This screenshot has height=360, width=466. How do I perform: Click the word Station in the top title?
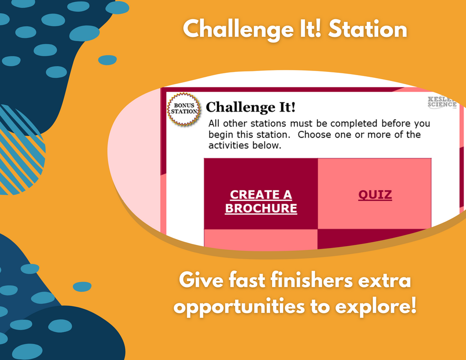pos(368,29)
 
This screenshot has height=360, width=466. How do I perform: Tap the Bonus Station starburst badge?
pos(184,109)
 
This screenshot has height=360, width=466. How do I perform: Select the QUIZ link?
pos(375,195)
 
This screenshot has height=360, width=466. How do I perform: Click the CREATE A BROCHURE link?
pos(261,202)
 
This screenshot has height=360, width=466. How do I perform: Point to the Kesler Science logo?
pos(443,102)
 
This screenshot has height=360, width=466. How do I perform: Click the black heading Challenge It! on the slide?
pos(251,107)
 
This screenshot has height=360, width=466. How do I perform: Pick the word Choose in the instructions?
pos(314,135)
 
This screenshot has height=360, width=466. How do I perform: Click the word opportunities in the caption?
pos(239,307)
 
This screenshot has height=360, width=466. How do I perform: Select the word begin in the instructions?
pos(221,135)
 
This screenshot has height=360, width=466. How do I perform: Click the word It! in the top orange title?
pos(311,29)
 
